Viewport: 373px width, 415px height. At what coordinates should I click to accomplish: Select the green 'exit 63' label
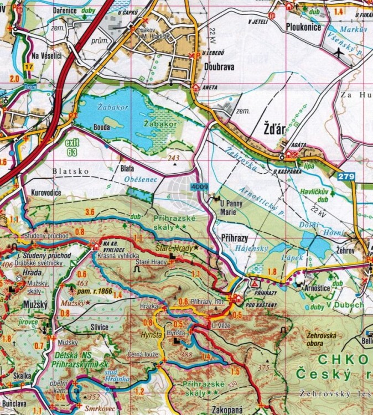[72, 147]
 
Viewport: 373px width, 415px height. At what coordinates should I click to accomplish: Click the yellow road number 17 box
[29, 67]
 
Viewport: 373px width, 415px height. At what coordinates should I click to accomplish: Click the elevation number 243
[174, 158]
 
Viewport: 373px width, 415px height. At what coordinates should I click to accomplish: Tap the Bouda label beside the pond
[102, 127]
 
